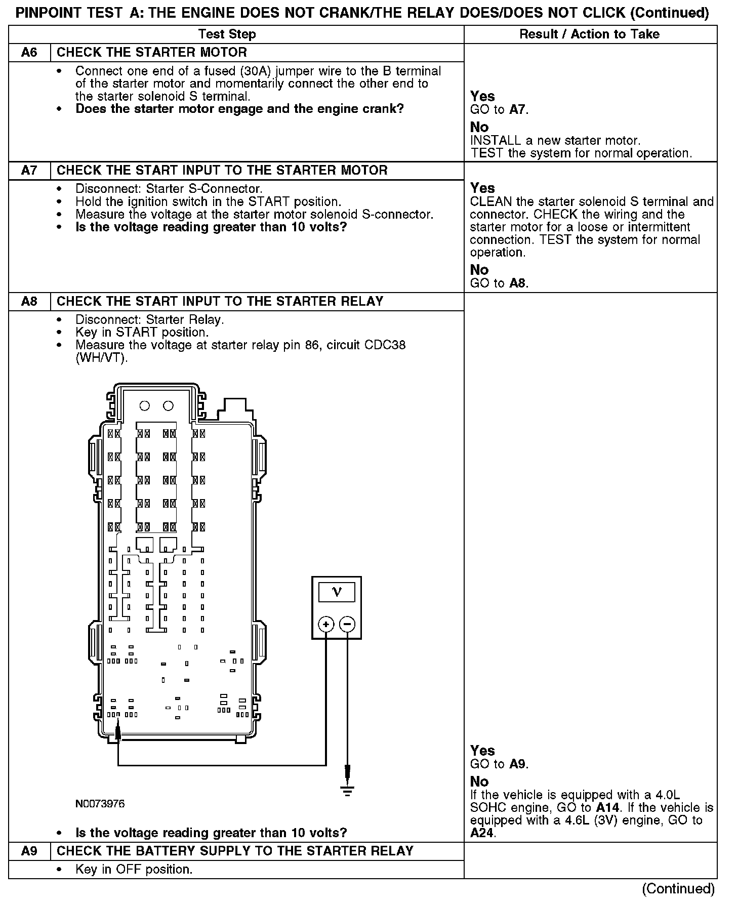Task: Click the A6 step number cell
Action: (29, 53)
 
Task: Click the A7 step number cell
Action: (29, 170)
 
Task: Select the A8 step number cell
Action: (29, 302)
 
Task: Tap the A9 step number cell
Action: (29, 851)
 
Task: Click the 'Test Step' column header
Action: (227, 34)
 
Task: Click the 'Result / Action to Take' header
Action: (590, 34)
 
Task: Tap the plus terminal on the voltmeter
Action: (326, 625)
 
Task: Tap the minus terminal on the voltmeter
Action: (347, 625)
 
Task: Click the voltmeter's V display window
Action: (337, 592)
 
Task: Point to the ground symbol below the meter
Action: (347, 791)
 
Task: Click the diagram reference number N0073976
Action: (100, 804)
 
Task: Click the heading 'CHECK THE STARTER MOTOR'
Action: (152, 53)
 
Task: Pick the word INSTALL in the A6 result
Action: (493, 141)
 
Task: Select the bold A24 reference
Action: (482, 833)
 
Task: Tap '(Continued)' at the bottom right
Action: (678, 889)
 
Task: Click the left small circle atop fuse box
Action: (145, 405)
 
